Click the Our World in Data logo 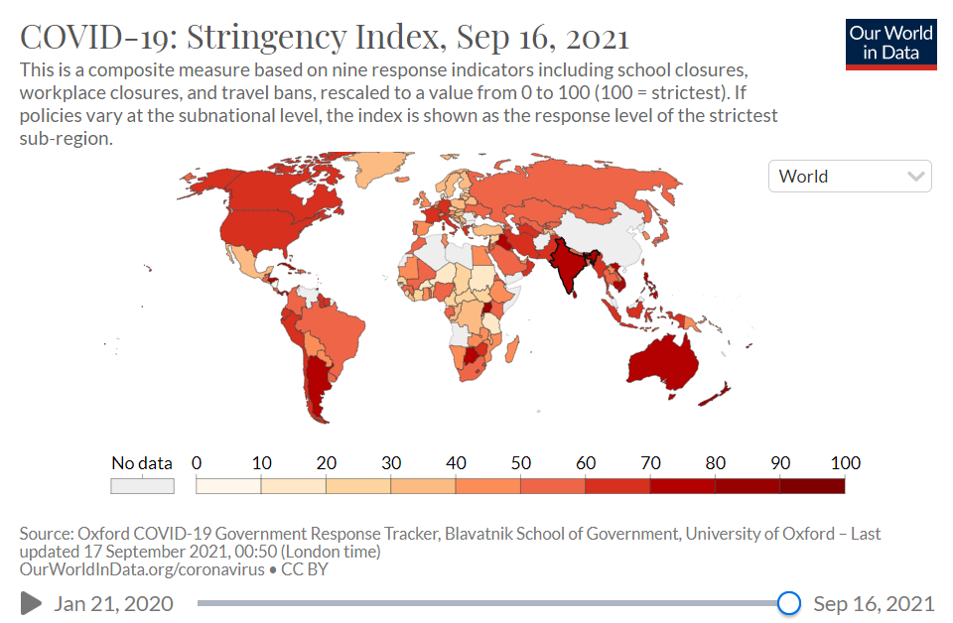[890, 43]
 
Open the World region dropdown [850, 177]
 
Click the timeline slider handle [789, 603]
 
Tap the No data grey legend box [142, 486]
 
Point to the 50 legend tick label [520, 463]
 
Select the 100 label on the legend [845, 463]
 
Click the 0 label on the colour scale [197, 463]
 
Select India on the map [567, 262]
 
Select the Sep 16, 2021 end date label [874, 604]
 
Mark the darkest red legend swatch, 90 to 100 [812, 486]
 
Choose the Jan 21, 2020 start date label [113, 604]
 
